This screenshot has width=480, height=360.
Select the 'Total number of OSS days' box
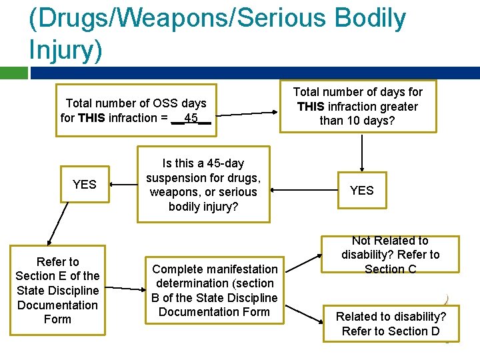click(136, 110)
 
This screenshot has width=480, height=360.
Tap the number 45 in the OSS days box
click(191, 118)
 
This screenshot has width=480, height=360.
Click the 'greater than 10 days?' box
click(358, 106)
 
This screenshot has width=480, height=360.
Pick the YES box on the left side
click(84, 184)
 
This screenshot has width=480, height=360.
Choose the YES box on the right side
click(362, 190)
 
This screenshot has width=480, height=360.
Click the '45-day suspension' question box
click(203, 185)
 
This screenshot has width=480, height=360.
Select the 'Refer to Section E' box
click(57, 291)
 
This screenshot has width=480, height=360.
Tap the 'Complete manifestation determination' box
click(215, 290)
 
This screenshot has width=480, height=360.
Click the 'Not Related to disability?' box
click(391, 255)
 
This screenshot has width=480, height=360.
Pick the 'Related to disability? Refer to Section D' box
click(391, 323)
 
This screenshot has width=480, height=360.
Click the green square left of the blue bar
click(13, 73)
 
